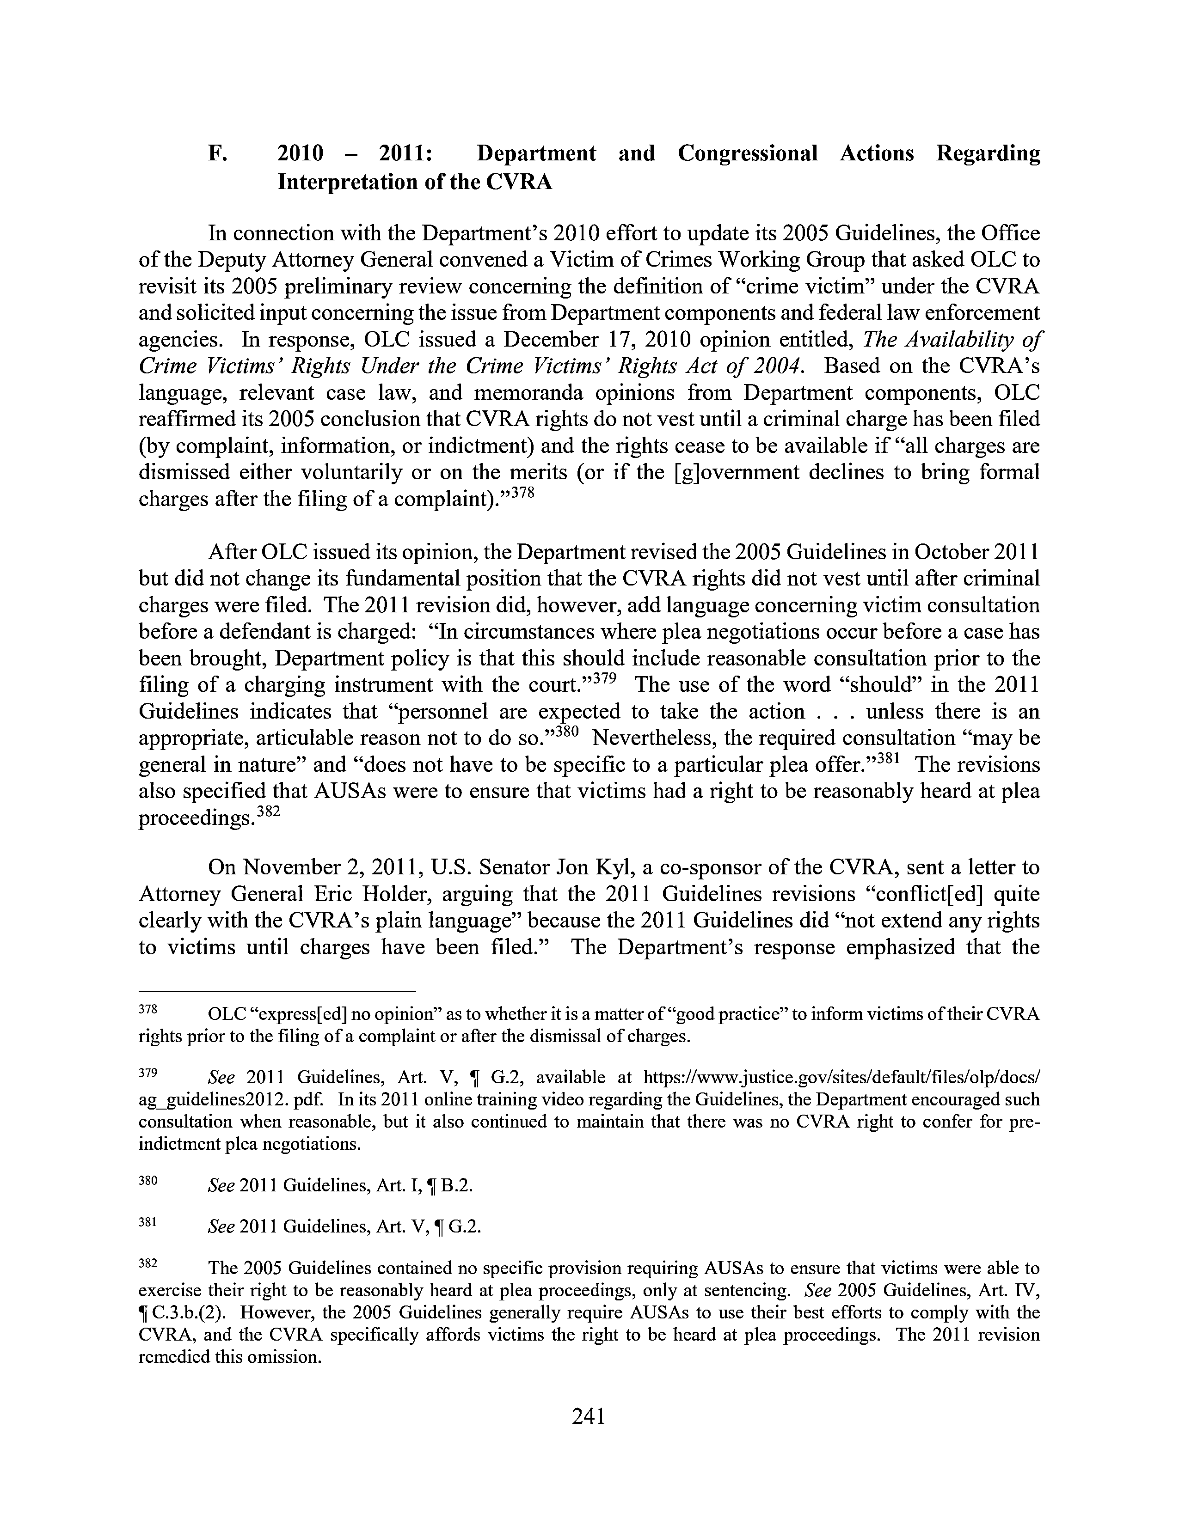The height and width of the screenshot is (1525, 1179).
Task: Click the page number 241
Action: pyautogui.click(x=588, y=1415)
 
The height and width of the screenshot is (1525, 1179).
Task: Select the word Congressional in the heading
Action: pyautogui.click(x=747, y=153)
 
